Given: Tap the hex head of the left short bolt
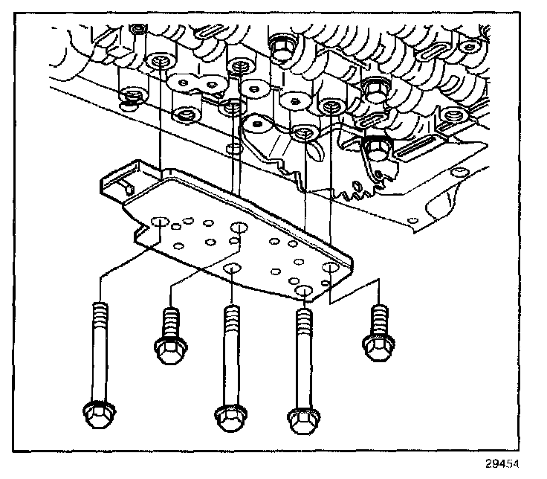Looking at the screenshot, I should tap(170, 347).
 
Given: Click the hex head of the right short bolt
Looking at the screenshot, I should tap(377, 344).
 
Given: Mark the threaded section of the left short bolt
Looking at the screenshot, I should tap(171, 321).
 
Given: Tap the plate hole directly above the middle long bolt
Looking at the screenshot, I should tap(233, 269).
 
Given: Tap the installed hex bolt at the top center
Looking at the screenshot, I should tap(282, 48).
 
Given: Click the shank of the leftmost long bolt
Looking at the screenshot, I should tap(97, 357).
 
